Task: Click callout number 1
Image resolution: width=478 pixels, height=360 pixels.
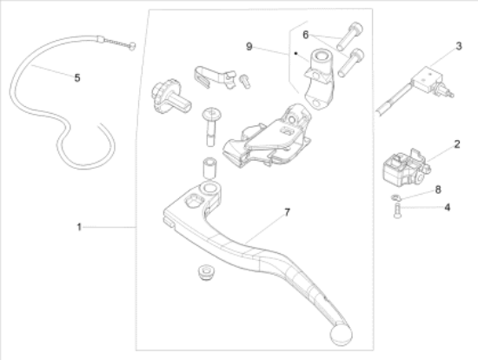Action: pyautogui.click(x=79, y=227)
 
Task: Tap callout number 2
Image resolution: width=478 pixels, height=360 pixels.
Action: pyautogui.click(x=456, y=144)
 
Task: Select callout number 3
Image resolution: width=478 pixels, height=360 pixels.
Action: pyautogui.click(x=459, y=46)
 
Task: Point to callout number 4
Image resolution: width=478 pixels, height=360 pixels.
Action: pyautogui.click(x=448, y=208)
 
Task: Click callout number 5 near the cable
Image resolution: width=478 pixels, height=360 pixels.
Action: pyautogui.click(x=77, y=77)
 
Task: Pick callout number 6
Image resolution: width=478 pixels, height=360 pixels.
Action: pyautogui.click(x=305, y=35)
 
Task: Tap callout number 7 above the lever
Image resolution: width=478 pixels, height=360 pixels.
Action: pyautogui.click(x=287, y=212)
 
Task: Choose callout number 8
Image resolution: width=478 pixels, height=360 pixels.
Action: pyautogui.click(x=438, y=190)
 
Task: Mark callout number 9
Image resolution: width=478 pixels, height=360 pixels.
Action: pyautogui.click(x=249, y=47)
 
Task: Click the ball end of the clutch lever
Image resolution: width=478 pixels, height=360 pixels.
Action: pyautogui.click(x=342, y=335)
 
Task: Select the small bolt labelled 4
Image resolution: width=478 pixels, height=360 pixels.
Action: pyautogui.click(x=397, y=210)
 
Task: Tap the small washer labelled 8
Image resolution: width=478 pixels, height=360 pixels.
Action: pyautogui.click(x=395, y=197)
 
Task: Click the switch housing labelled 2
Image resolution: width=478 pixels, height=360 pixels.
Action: pyautogui.click(x=406, y=168)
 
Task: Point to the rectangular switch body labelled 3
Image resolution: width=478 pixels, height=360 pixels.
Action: pyautogui.click(x=426, y=79)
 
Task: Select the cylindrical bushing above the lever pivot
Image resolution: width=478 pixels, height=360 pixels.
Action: pyautogui.click(x=209, y=168)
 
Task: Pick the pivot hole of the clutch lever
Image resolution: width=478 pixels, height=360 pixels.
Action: pyautogui.click(x=209, y=188)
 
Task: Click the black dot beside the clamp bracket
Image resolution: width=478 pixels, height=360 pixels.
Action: pyautogui.click(x=295, y=53)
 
